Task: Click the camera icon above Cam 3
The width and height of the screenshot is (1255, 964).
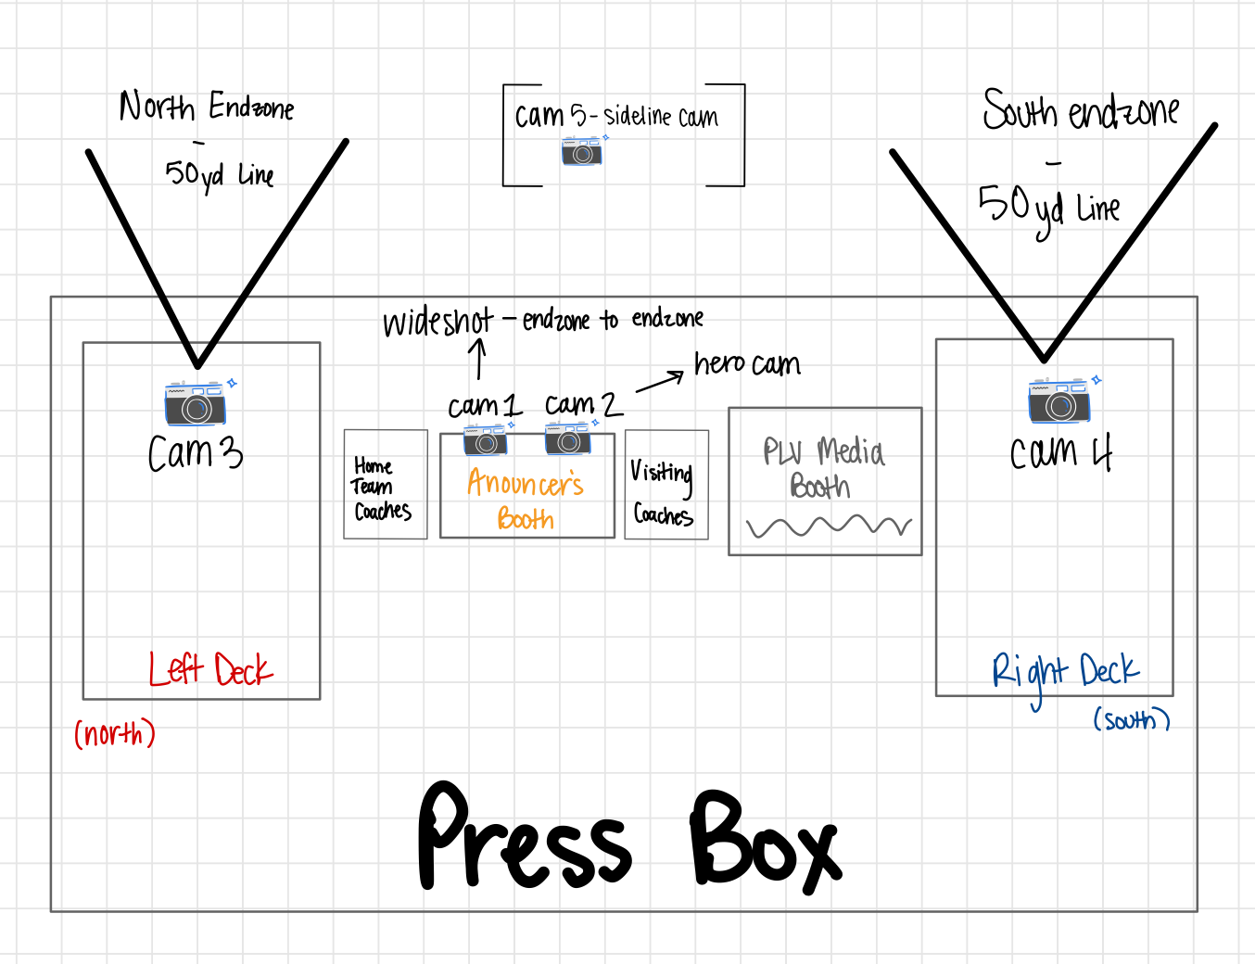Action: tap(196, 403)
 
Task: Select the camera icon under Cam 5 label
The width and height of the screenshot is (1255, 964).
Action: tap(582, 151)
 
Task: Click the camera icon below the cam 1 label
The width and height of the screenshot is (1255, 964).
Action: tap(485, 440)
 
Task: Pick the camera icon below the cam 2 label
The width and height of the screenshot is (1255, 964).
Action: tap(568, 438)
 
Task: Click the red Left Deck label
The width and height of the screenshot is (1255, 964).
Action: tap(210, 668)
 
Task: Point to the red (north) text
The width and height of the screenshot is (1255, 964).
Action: tap(115, 734)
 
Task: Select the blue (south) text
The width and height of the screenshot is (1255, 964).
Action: tap(1132, 720)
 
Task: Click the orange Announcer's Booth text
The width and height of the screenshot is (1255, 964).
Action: tap(526, 500)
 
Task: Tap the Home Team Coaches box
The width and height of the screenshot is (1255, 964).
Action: tap(385, 485)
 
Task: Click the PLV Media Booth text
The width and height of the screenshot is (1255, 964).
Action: tap(823, 469)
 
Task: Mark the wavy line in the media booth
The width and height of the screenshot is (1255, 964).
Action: tap(829, 527)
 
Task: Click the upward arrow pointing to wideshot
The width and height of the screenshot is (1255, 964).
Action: tap(478, 359)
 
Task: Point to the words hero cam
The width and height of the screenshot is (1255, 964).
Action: tap(747, 364)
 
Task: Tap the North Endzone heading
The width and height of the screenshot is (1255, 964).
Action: tap(207, 108)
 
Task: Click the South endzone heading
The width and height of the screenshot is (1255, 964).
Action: tap(1081, 111)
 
